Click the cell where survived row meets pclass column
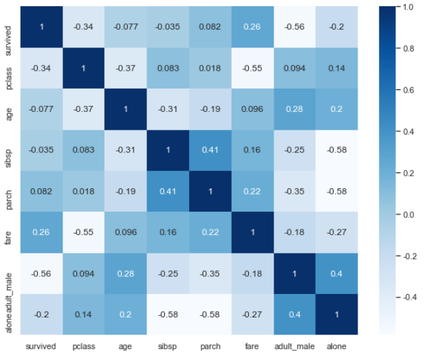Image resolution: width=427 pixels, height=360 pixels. coord(83,27)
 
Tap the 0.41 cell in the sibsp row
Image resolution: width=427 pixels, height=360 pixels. coord(210,150)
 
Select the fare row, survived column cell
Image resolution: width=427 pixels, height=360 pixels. coord(41,232)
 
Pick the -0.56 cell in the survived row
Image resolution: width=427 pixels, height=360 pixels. coord(295,27)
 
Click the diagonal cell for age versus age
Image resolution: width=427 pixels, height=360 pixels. coord(126,109)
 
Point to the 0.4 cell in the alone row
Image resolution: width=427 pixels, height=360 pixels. coord(295,314)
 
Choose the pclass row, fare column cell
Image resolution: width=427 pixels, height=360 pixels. coord(252,68)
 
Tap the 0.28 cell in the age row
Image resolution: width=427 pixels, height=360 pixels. coord(295,109)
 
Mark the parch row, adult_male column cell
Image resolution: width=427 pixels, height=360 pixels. coord(295,191)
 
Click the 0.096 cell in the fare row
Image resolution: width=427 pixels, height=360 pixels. coord(126,232)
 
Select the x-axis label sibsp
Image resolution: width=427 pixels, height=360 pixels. coord(168,347)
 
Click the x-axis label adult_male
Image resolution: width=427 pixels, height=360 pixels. coord(294,347)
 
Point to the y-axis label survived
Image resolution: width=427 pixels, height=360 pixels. coord(8,41)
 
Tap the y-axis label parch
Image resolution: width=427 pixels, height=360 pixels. coord(8,200)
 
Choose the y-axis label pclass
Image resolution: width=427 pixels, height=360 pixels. coord(8,78)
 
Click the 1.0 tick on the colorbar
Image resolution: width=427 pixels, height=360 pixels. coord(408,7)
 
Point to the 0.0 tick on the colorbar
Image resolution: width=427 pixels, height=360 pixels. coord(408,214)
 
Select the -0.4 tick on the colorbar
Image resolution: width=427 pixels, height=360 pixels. coord(410,297)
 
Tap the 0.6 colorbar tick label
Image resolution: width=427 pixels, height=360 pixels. coord(408,90)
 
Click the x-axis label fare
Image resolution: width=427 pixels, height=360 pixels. coord(252,346)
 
